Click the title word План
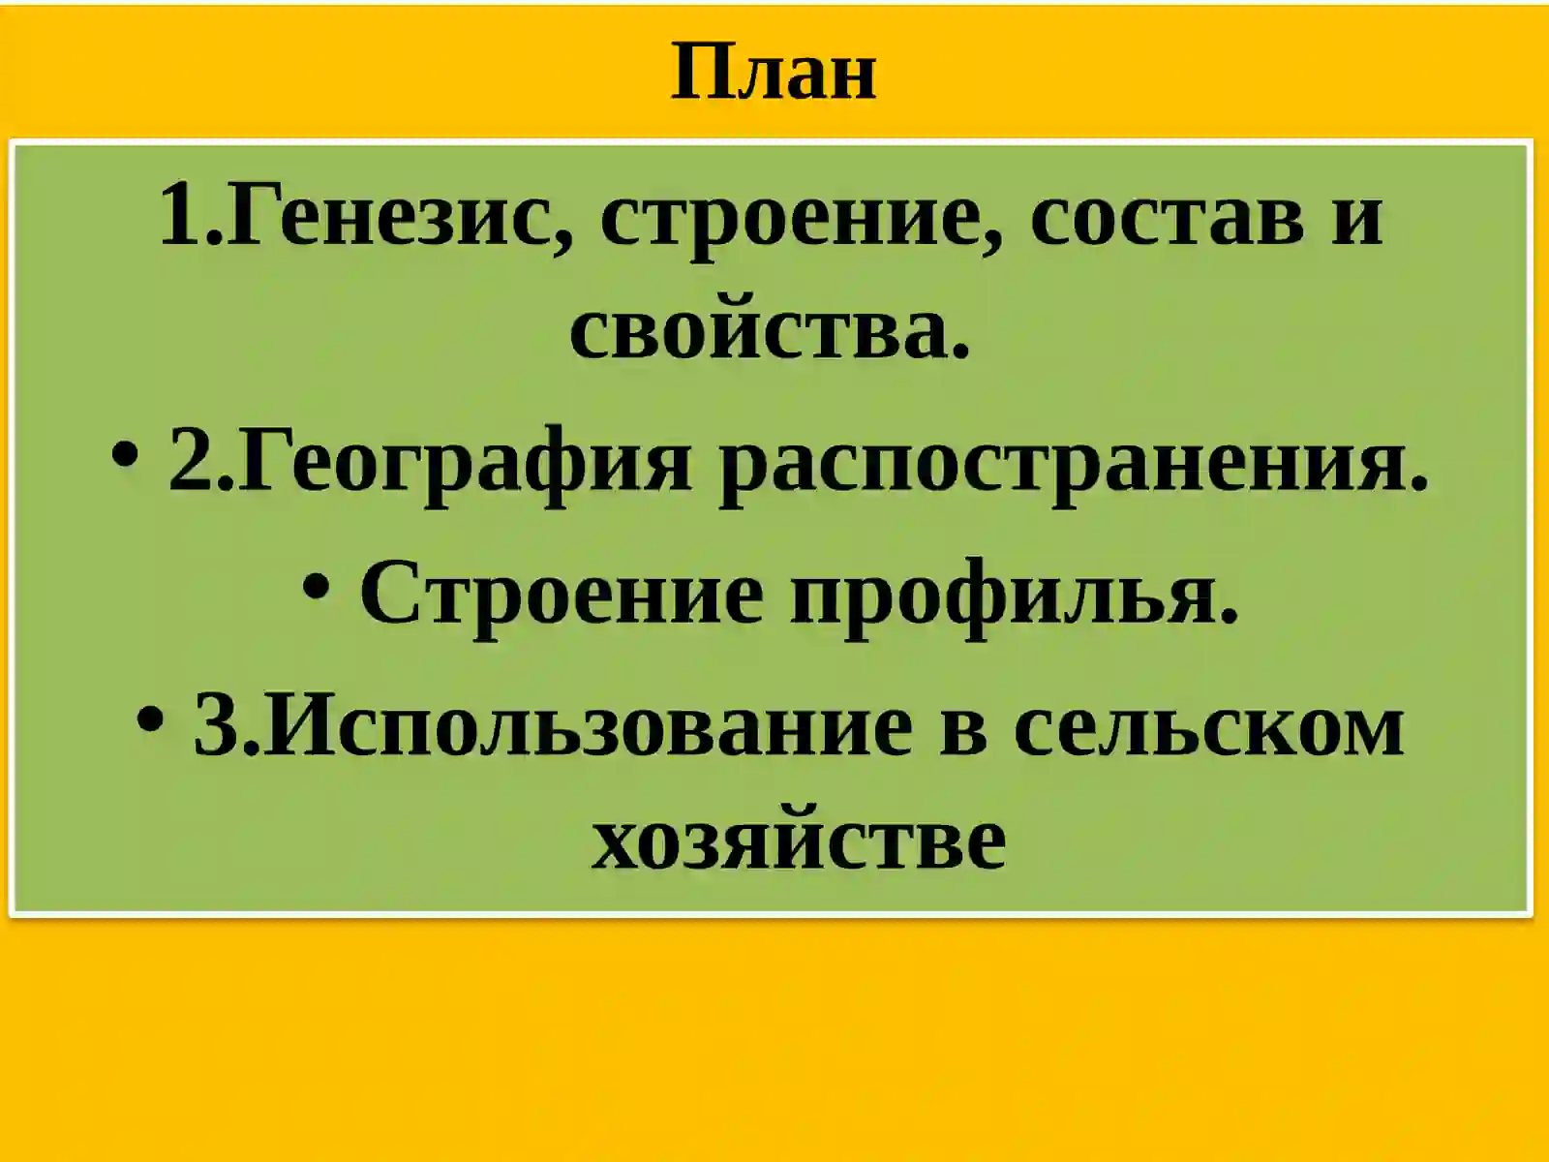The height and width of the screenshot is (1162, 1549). (774, 73)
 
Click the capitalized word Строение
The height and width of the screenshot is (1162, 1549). (562, 593)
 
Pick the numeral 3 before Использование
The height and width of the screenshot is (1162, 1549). (215, 726)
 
